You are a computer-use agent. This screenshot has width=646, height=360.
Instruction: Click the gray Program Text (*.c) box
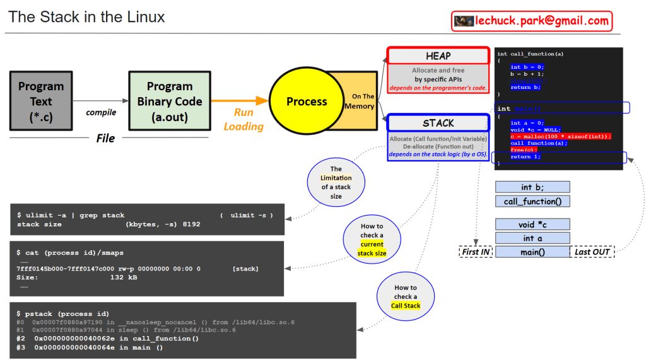pyautogui.click(x=41, y=101)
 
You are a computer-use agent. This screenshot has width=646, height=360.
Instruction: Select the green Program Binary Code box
pyautogui.click(x=169, y=101)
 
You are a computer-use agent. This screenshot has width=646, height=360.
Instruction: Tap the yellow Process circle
pyautogui.click(x=307, y=102)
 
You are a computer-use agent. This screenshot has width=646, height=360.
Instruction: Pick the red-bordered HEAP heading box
pyautogui.click(x=438, y=56)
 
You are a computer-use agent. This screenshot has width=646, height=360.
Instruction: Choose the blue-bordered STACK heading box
pyautogui.click(x=438, y=123)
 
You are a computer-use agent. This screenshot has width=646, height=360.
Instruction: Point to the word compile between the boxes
pyautogui.click(x=101, y=112)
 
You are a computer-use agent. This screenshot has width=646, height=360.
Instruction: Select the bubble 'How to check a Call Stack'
pyautogui.click(x=405, y=296)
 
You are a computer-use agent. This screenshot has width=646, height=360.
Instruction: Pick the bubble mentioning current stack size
pyautogui.click(x=372, y=240)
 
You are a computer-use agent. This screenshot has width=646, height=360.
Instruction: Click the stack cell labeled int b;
pyautogui.click(x=532, y=187)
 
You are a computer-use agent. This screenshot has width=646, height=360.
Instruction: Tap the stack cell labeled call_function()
pyautogui.click(x=532, y=202)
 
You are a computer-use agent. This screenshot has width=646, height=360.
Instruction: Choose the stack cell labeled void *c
pyautogui.click(x=532, y=224)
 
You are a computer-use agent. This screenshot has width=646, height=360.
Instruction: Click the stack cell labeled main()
pyautogui.click(x=532, y=252)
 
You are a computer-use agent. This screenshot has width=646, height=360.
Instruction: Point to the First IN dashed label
pyautogui.click(x=476, y=252)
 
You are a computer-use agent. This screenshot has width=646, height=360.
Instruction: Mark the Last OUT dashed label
pyautogui.click(x=592, y=252)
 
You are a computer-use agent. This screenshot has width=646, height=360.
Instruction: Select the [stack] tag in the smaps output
pyautogui.click(x=245, y=269)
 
